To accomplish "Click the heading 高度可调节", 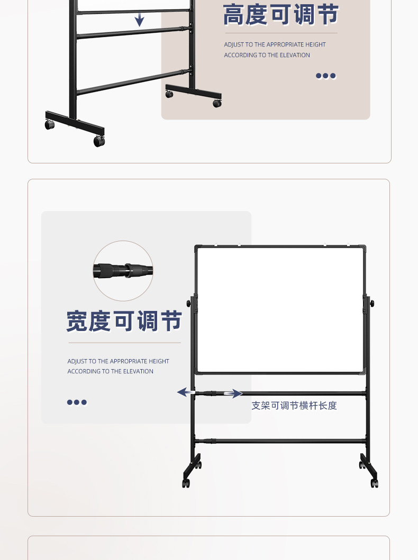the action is click(280, 14).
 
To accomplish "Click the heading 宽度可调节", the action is click(124, 321).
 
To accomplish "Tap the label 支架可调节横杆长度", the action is click(294, 406).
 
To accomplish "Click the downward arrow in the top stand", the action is click(139, 20).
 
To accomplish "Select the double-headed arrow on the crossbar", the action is click(210, 393).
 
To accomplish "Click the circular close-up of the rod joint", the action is click(123, 271).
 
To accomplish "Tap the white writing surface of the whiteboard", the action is click(280, 310).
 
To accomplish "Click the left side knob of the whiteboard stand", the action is click(189, 304).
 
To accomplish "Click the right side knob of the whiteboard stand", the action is click(372, 303).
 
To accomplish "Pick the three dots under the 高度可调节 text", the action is click(326, 76).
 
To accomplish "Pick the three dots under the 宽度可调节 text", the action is click(77, 402).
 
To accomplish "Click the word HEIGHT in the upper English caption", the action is click(315, 44).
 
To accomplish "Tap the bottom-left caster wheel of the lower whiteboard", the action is click(186, 483).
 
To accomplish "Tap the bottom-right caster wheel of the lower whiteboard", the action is click(375, 483).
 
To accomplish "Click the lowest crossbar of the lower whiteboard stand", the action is click(280, 440).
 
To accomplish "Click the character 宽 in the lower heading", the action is click(77, 321).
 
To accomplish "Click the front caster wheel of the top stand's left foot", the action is click(99, 141).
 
